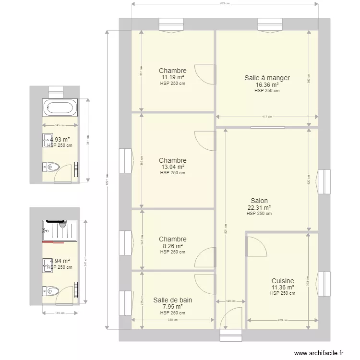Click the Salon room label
coord(259,201)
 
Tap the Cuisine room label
coord(282,281)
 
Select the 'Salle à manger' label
coord(267,78)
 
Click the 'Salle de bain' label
coord(173,300)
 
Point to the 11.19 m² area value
coord(173,77)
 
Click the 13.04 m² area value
coord(173,167)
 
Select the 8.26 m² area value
coord(173,245)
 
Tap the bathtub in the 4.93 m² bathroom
coord(60,107)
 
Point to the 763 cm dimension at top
coord(225,4)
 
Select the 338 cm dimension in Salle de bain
coord(173,319)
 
